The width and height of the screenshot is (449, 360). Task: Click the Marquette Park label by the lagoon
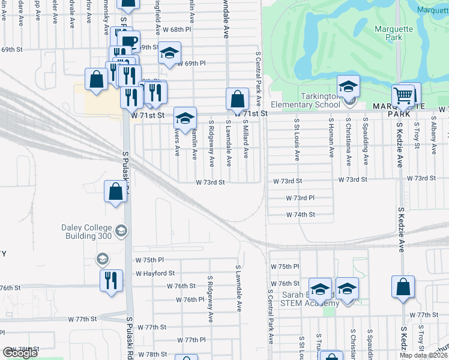coord(393,34)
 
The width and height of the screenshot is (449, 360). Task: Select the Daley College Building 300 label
coord(86,232)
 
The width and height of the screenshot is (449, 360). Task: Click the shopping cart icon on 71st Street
coord(403,96)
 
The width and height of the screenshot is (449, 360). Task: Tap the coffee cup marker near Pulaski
coord(128,41)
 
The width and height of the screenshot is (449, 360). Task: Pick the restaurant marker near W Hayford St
coord(111,280)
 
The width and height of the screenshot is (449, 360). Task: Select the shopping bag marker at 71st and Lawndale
coord(237,99)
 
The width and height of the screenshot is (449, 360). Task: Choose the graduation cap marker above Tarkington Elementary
coord(348,86)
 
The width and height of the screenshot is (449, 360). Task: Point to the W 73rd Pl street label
coord(300,197)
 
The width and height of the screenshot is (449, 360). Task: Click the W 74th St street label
coord(300,214)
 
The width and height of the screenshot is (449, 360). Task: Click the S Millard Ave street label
coord(246,138)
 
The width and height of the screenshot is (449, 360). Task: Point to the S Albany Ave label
coord(433,138)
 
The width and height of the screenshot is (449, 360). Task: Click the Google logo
coord(20,353)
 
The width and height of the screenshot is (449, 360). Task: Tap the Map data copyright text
coord(423,355)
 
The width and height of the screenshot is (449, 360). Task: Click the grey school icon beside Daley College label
coord(121,231)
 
